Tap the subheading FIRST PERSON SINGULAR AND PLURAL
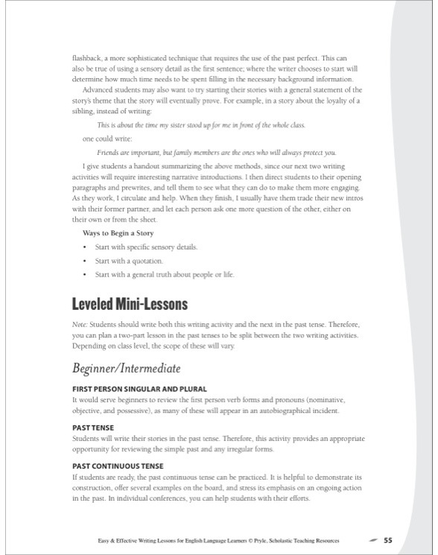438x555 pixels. click(x=139, y=389)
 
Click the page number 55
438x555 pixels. click(x=388, y=539)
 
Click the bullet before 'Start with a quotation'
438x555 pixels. click(x=86, y=261)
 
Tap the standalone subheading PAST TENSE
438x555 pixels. click(x=92, y=428)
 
